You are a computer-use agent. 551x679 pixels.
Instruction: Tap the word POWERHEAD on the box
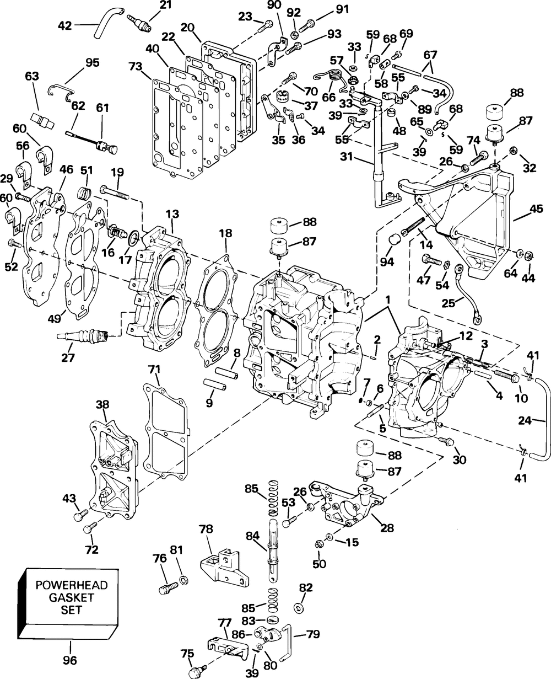72,585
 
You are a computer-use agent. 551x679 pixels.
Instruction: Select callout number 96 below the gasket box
70,660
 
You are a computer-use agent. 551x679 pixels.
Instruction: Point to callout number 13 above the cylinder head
172,214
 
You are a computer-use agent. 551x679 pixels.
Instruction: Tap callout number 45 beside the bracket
536,209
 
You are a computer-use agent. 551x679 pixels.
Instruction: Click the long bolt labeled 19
115,193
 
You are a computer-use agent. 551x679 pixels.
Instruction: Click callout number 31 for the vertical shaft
347,157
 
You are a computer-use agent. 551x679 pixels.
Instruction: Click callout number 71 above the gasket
154,370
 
